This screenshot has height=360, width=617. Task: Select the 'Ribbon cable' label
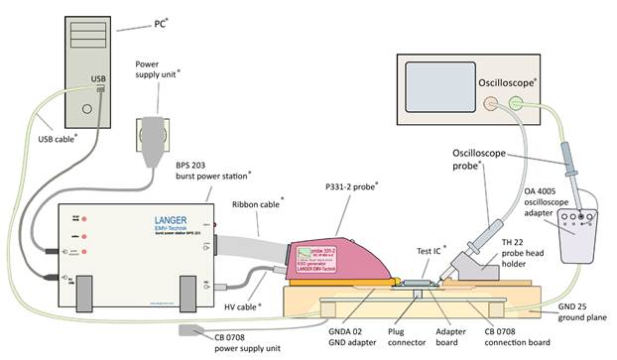coord(257,203)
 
